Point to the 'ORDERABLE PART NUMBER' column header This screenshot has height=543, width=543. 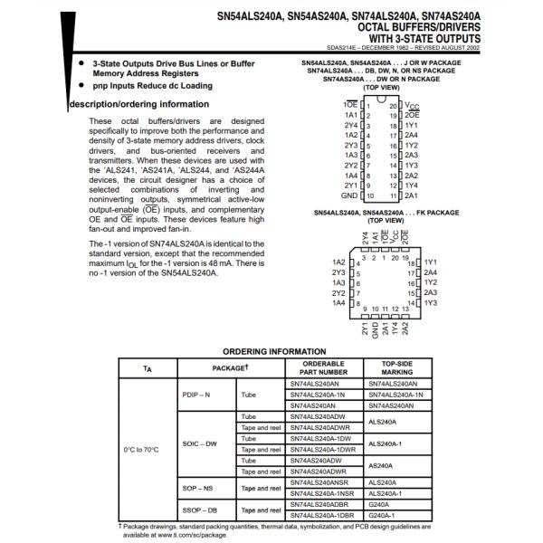322,367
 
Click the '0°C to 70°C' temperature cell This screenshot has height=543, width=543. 140,449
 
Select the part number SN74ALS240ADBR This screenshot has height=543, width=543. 320,503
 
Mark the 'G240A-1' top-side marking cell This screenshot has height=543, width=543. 384,514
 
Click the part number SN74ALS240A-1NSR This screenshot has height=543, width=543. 321,492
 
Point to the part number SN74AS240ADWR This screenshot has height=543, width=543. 317,471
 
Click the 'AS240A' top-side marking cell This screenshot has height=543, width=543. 383,465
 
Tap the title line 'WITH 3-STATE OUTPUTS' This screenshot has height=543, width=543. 428,39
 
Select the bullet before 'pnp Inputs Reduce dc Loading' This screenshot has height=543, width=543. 81,85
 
